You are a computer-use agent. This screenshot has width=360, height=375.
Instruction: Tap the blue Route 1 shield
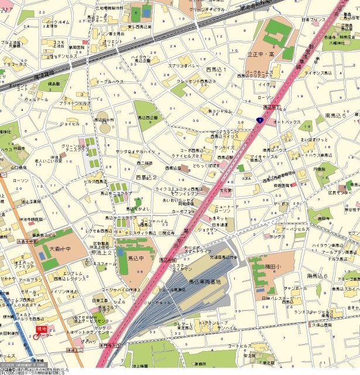(x=259, y=120)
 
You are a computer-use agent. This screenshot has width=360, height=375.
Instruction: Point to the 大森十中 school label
(x=59, y=248)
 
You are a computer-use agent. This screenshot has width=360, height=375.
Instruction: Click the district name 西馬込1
(x=217, y=70)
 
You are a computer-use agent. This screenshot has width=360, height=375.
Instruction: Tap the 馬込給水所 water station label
(x=104, y=120)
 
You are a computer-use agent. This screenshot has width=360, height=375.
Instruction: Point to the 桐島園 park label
(x=54, y=84)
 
